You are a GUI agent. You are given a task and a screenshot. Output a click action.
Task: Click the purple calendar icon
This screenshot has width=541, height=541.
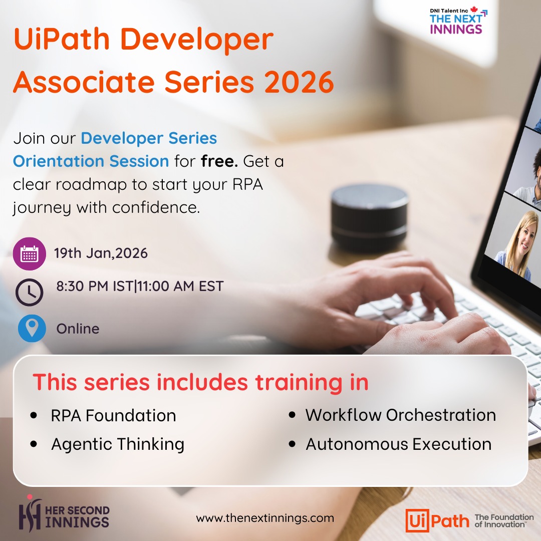pos(30,253)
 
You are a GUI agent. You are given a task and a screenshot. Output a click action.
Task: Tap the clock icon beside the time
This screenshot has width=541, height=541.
pos(30,292)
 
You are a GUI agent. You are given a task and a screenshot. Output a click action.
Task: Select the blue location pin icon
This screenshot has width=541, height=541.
pos(32,328)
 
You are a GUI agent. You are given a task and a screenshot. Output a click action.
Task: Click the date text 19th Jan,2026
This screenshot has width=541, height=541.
pos(101,253)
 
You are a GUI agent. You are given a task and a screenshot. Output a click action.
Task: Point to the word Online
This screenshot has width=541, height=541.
pos(78,329)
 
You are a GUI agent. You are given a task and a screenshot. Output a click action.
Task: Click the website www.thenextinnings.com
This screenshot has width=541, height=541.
pos(265,518)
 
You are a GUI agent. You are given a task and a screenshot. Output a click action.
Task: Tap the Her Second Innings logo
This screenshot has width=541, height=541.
pos(64,513)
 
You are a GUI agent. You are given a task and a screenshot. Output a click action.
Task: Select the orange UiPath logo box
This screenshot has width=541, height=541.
pos(417,520)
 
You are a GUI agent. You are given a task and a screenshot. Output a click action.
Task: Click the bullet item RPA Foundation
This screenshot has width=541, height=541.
pos(113,415)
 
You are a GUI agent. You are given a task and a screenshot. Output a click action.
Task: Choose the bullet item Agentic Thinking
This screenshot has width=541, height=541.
pos(118,444)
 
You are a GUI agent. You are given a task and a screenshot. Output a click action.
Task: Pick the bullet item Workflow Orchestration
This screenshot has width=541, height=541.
pos(401,415)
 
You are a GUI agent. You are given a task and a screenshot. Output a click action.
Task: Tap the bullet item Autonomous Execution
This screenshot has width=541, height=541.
pos(399,444)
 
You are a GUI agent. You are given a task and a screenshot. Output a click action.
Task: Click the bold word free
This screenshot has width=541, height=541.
pos(219,161)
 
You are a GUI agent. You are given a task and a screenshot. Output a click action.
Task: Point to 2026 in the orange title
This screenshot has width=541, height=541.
pos(299,82)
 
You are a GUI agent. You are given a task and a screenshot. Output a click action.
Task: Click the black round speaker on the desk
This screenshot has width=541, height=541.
pos(369,217)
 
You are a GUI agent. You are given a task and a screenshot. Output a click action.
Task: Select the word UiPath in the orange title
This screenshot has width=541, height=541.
pos(62,39)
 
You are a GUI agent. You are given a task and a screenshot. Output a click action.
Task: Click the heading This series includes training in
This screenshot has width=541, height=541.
pos(200,382)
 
